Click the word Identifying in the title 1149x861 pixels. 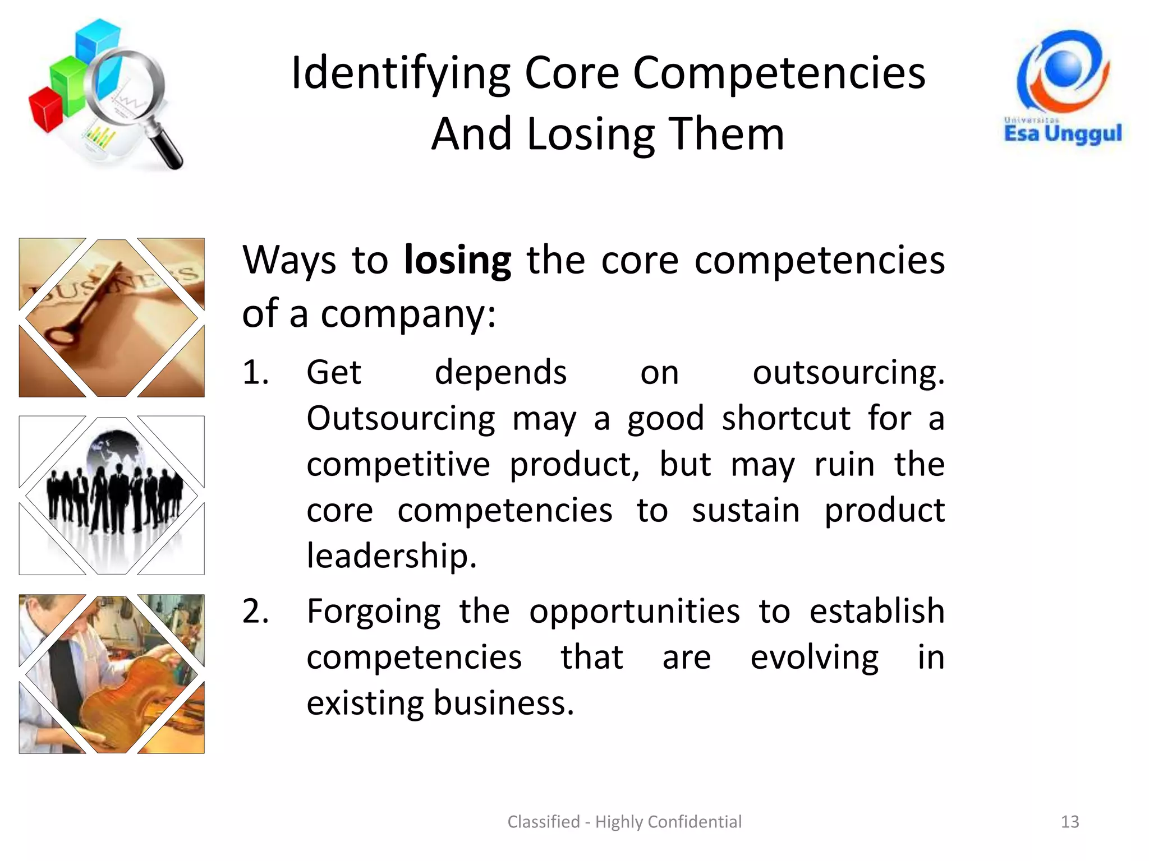coord(401,74)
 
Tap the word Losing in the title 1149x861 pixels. coord(590,135)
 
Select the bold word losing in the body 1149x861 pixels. coord(457,261)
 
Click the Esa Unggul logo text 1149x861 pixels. coord(1063,133)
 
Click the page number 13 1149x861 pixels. coord(1070,822)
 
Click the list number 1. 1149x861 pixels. coord(255,373)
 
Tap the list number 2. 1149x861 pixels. coord(255,612)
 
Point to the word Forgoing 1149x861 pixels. coord(374,612)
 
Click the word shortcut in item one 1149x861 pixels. coord(785,419)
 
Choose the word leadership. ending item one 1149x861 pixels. coord(392,557)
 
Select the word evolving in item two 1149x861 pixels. coord(814,658)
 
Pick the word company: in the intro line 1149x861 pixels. coord(408,314)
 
